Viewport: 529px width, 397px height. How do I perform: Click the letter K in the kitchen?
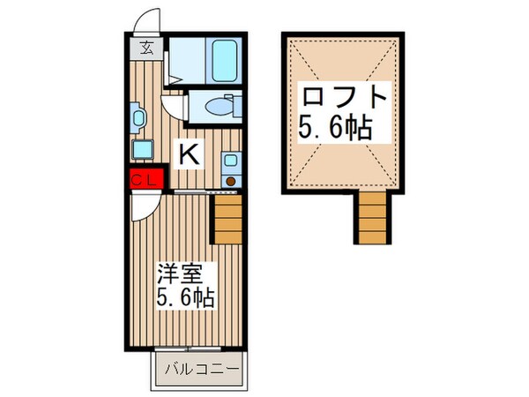188,154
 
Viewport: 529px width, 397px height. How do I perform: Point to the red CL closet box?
145,180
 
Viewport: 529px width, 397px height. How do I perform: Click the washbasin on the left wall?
138,115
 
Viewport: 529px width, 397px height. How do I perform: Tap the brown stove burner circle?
231,181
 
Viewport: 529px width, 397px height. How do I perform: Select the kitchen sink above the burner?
231,161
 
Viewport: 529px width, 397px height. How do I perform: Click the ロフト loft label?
344,95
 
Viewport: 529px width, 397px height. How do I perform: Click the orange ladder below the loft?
372,218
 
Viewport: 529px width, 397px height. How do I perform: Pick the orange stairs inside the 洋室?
227,220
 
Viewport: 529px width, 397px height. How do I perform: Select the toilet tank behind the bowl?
234,108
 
